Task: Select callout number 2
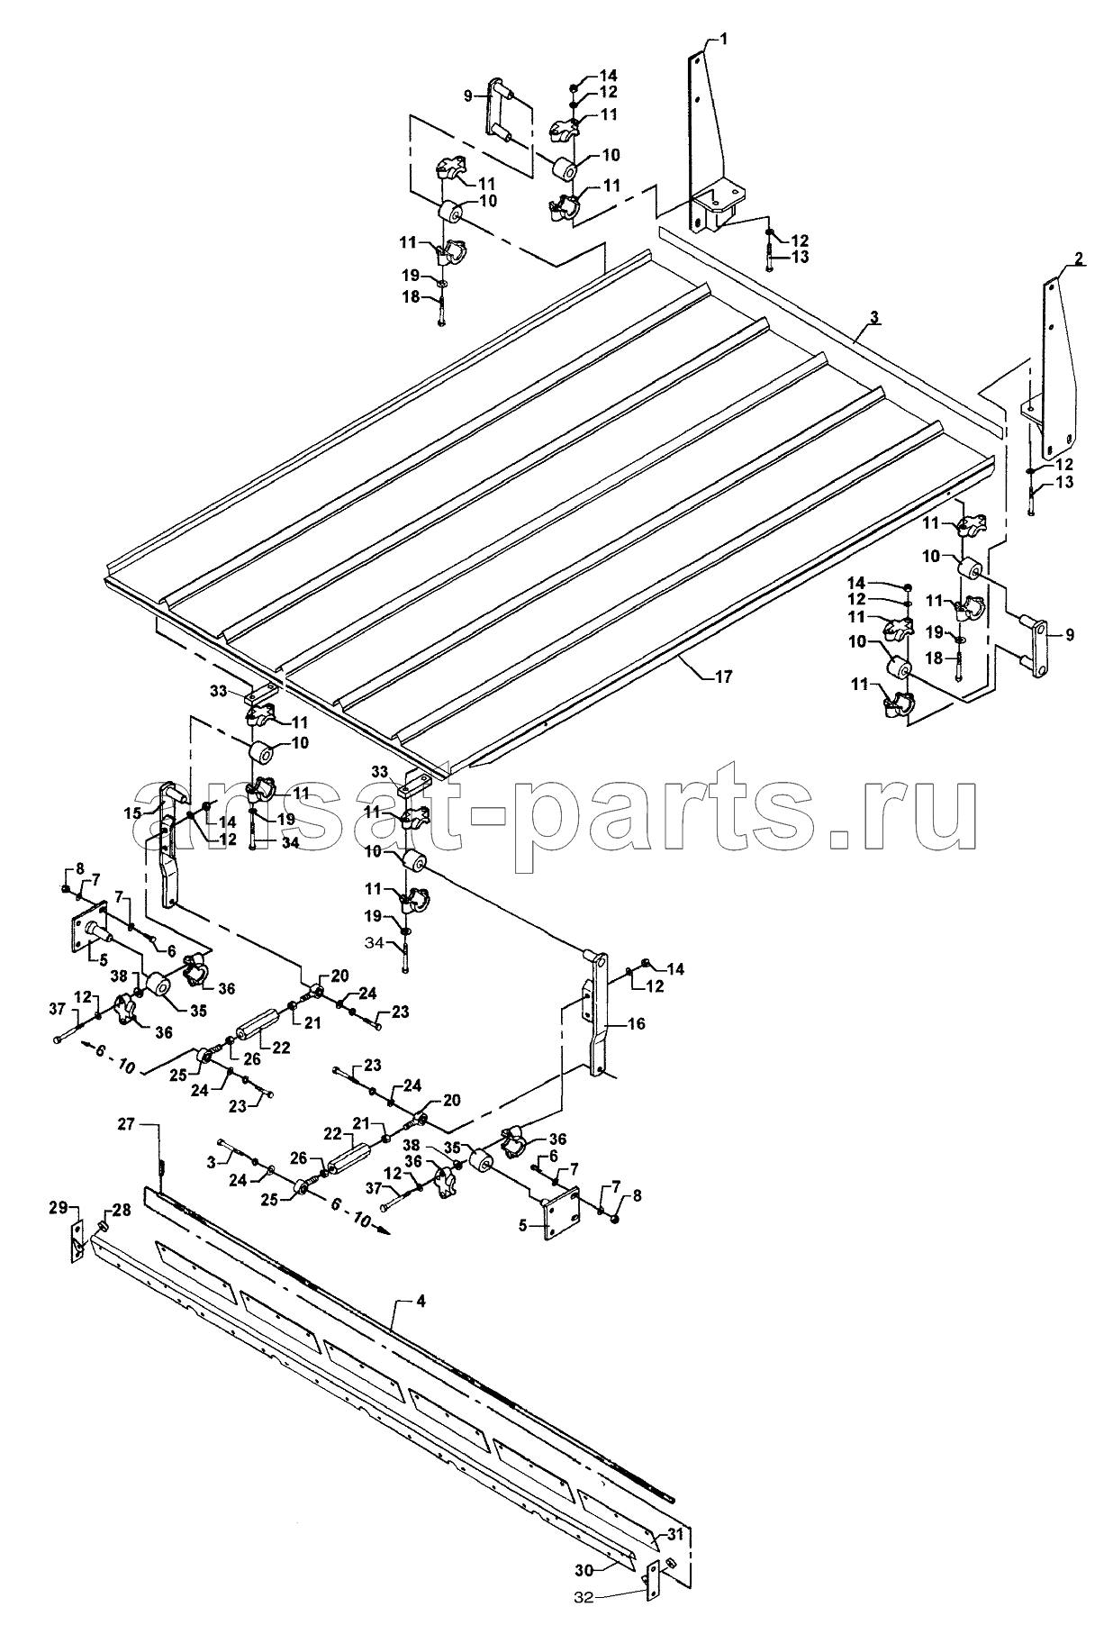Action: [1078, 259]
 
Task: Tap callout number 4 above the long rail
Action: [419, 1302]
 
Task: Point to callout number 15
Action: [133, 812]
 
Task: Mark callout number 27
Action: [125, 1124]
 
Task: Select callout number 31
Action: [675, 1534]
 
